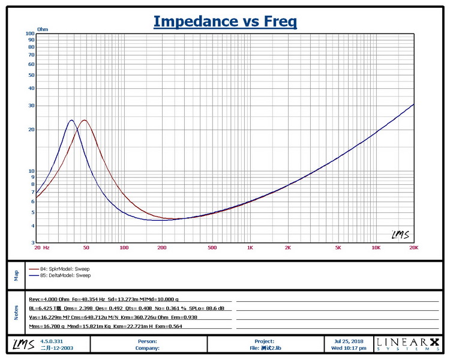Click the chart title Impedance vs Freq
click(x=225, y=22)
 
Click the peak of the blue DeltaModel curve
click(x=71, y=120)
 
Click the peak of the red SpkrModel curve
click(x=84, y=120)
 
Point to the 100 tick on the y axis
click(x=30, y=34)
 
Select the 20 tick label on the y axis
click(x=31, y=130)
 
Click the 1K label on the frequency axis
click(x=250, y=247)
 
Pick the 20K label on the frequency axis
click(x=413, y=247)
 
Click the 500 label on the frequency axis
click(x=212, y=247)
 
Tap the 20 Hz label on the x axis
click(x=41, y=247)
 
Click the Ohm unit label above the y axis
click(x=43, y=29)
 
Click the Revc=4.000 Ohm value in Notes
click(x=48, y=299)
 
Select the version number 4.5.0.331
click(x=53, y=341)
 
